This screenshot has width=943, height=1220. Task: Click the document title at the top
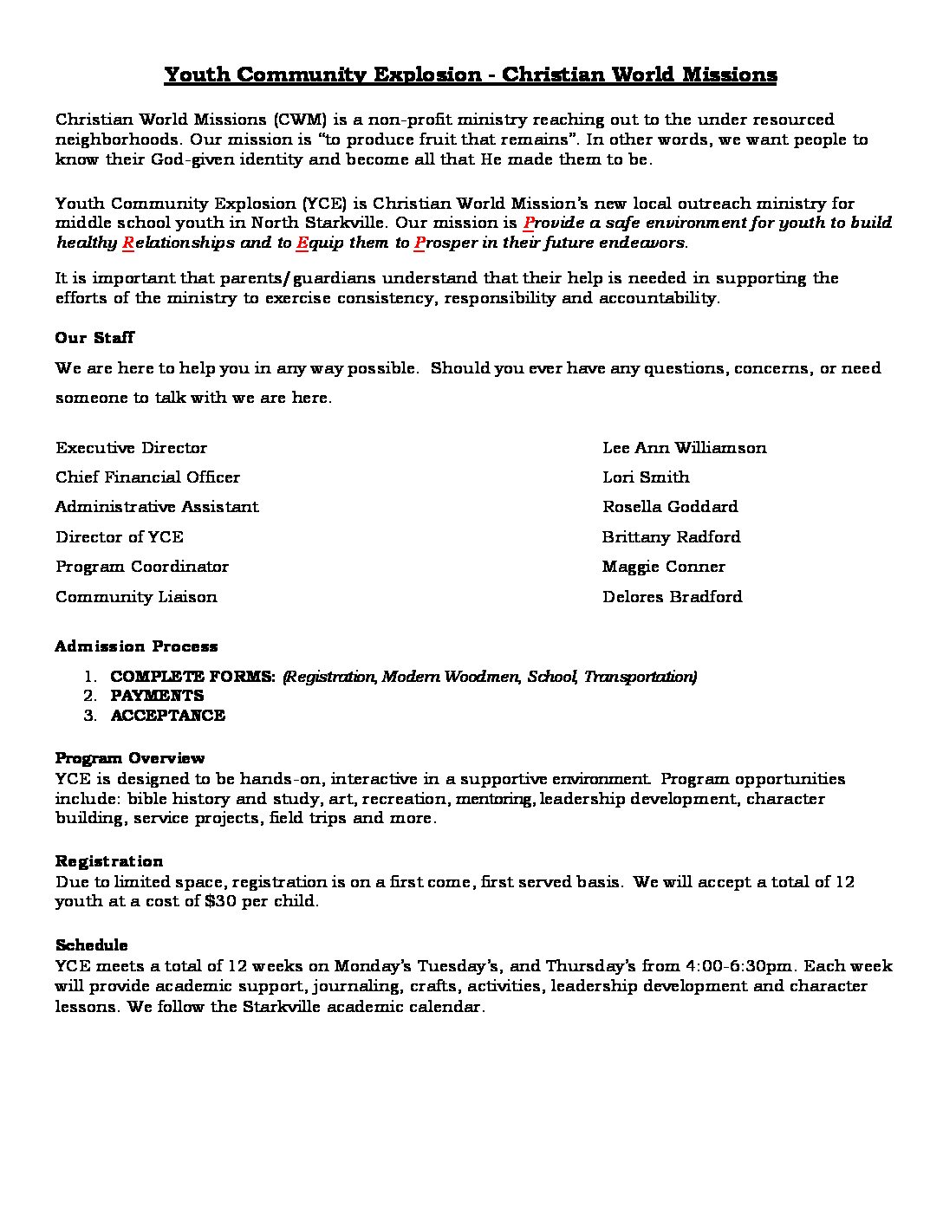coord(471,75)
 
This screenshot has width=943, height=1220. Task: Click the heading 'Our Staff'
coord(94,338)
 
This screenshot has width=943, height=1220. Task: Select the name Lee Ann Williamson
coord(684,448)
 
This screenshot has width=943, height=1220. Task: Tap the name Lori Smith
coord(646,477)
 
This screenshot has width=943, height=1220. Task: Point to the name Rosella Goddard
coord(670,507)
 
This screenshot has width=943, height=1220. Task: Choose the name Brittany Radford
coord(671,537)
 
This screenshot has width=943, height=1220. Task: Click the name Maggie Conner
coord(663,567)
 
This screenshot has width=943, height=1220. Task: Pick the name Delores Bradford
coord(672,597)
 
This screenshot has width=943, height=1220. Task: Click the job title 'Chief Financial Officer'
coord(147,477)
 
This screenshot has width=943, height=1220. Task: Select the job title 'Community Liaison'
coord(136,597)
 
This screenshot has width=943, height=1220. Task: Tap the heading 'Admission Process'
coord(136,646)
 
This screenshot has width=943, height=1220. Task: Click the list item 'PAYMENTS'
coord(157,696)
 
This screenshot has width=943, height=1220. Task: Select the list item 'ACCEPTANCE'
coord(167,716)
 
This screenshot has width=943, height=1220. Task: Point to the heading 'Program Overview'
coord(130,758)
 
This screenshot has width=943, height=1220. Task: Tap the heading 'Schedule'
coord(91,945)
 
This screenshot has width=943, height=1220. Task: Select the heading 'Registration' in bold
coord(109,861)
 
